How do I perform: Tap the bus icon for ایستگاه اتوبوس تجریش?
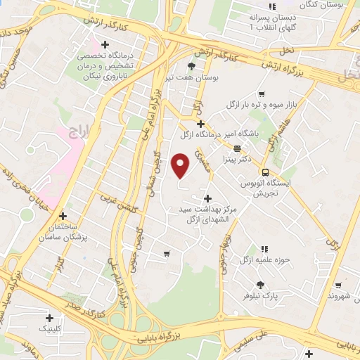pos(264,172)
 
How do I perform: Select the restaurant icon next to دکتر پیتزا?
pos(237,148)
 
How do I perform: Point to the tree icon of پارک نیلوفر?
pos(261,285)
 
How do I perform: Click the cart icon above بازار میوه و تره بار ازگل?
pos(262,94)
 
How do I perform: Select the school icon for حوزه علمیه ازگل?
pos(264,249)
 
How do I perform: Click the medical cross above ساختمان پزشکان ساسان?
pos(63,216)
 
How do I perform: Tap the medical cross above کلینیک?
pos(49,317)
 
